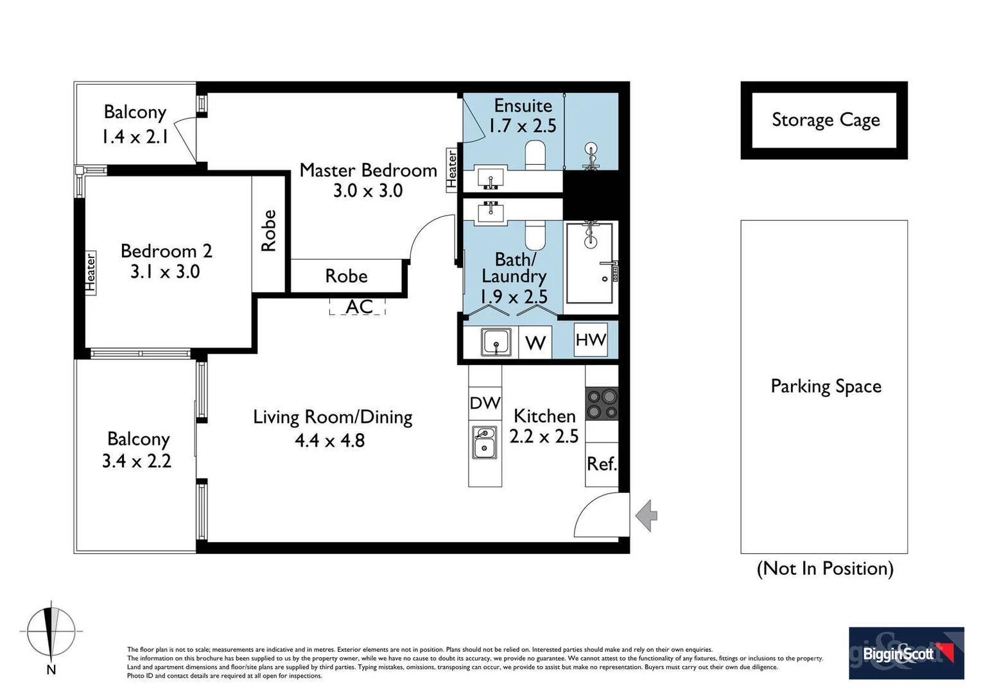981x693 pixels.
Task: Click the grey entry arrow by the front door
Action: pos(647,515)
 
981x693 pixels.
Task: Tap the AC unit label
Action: pos(358,306)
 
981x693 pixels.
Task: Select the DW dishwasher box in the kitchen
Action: pos(485,403)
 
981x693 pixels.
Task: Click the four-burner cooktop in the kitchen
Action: pos(602,404)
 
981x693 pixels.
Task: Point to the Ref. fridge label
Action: pos(602,463)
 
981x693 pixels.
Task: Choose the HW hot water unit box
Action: pos(590,339)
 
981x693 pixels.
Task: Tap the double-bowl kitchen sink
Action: pos(485,442)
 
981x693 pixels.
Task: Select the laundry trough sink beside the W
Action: pos(496,342)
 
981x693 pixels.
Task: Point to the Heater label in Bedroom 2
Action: pos(91,273)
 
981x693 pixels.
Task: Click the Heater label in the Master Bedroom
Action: pos(452,170)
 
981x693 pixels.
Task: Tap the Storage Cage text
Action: pos(825,120)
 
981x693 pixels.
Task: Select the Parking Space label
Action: pos(826,386)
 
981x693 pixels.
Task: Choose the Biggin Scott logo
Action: pos(906,653)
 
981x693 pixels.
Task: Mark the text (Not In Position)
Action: pos(825,569)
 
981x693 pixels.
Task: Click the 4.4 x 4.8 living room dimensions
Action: pos(329,441)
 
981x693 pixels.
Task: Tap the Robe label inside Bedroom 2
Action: pos(268,231)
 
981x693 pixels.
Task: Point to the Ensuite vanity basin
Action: pos(490,176)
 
